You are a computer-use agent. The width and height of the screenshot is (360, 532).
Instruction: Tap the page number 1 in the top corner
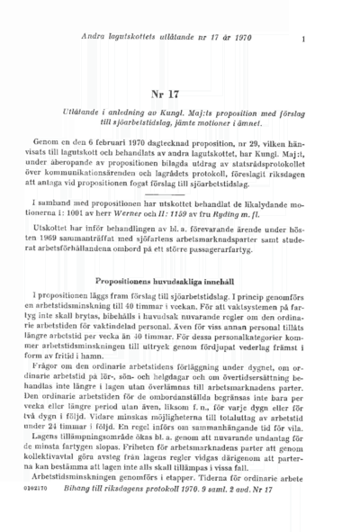tap(304, 39)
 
